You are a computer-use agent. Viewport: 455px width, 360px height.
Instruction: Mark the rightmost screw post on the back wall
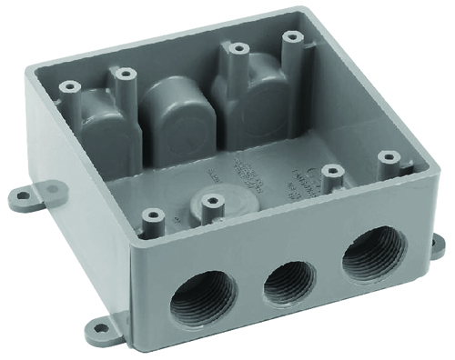292,36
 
